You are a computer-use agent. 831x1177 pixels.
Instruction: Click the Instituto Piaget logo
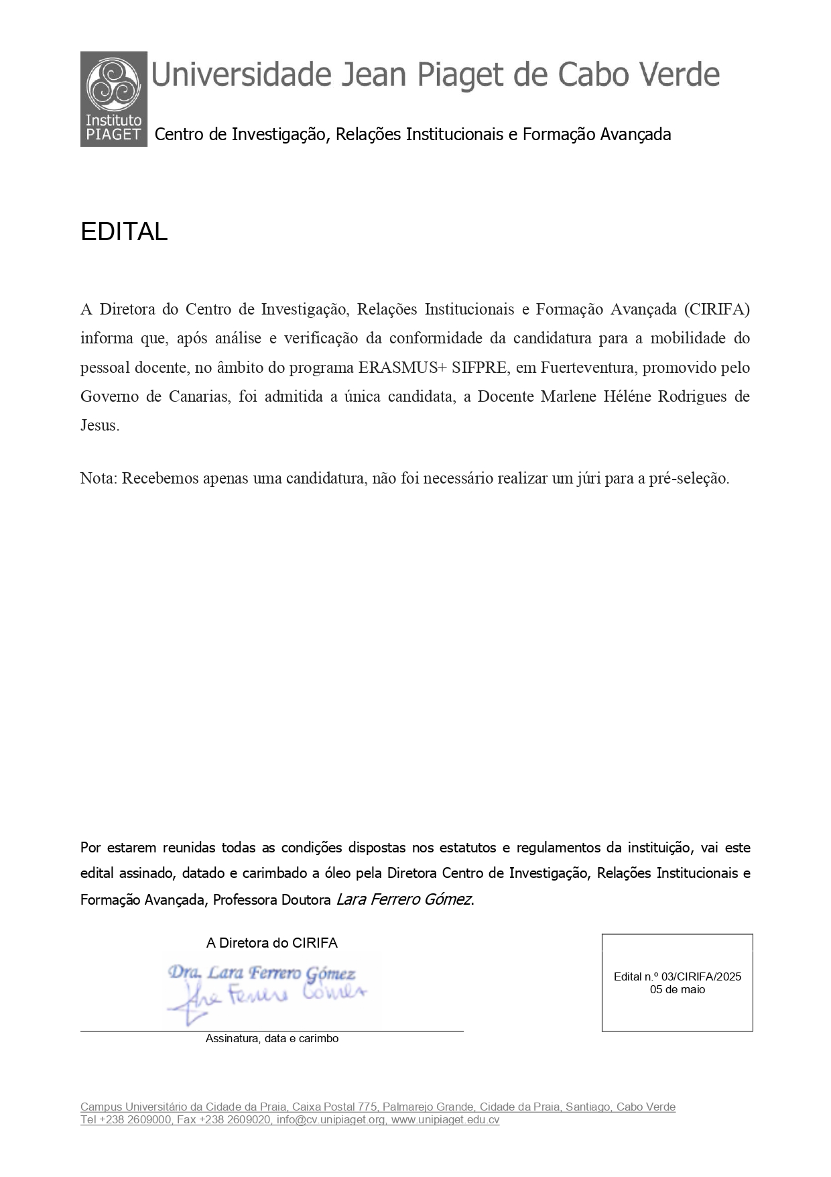click(x=113, y=99)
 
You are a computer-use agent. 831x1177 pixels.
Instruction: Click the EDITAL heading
click(x=124, y=232)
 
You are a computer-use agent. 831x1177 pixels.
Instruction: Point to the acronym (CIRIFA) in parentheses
click(x=716, y=309)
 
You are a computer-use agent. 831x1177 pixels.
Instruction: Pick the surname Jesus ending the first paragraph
click(x=100, y=425)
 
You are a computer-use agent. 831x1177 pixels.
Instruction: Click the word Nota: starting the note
click(x=99, y=478)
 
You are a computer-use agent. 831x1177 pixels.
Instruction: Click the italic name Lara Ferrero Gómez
click(x=404, y=899)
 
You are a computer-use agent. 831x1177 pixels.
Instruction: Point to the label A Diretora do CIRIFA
click(x=271, y=943)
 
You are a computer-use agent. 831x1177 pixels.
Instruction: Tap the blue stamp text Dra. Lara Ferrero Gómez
click(x=261, y=972)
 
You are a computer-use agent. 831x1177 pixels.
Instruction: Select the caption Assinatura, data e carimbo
click(x=271, y=1038)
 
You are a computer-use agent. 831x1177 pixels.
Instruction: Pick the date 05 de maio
click(x=677, y=989)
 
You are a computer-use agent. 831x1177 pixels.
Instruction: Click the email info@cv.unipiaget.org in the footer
click(x=331, y=1119)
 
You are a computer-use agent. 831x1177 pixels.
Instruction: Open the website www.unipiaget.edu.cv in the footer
click(x=445, y=1119)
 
